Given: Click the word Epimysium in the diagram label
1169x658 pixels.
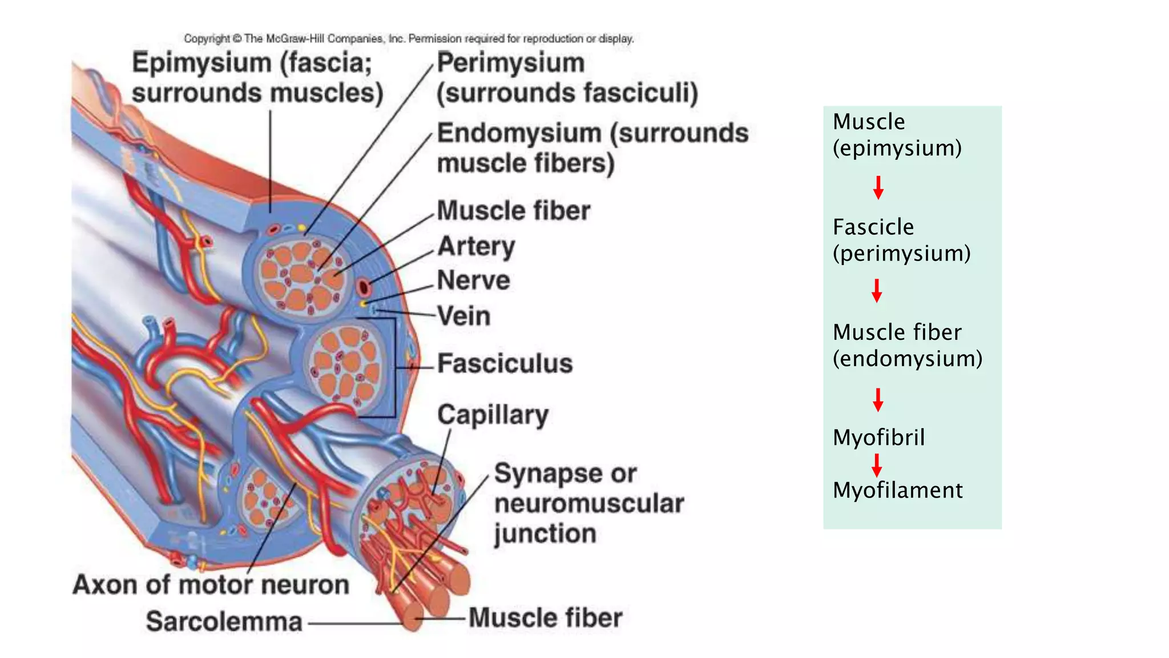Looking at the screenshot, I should [201, 63].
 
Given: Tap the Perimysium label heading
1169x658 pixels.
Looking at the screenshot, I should [510, 63].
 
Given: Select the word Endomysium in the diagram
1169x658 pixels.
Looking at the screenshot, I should [519, 134].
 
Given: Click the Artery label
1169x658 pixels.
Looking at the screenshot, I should [476, 247].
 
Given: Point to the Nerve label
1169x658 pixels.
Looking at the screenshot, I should [473, 280].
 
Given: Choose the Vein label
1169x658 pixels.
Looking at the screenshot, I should [463, 316].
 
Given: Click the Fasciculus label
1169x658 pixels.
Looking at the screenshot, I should [505, 364].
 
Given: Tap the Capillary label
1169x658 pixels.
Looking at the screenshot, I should [493, 415].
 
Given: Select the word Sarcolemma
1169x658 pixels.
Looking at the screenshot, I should [224, 621].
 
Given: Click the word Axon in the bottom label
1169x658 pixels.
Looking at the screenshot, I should [106, 585].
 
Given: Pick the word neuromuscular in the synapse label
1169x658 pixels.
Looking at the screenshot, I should [588, 504].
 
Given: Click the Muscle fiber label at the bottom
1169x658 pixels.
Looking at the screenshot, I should [545, 618].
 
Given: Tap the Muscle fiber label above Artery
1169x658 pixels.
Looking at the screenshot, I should [513, 211].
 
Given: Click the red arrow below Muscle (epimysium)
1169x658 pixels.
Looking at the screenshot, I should [878, 187].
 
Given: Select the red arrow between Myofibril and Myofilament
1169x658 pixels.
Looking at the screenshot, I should [877, 465].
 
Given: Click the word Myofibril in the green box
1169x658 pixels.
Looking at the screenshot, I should [878, 438].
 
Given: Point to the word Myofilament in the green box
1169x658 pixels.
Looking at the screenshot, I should [897, 490].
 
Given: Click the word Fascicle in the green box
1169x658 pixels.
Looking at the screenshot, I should [873, 227].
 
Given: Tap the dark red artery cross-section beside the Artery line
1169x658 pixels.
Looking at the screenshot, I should [364, 287].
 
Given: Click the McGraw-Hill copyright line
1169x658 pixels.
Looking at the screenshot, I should [409, 39].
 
